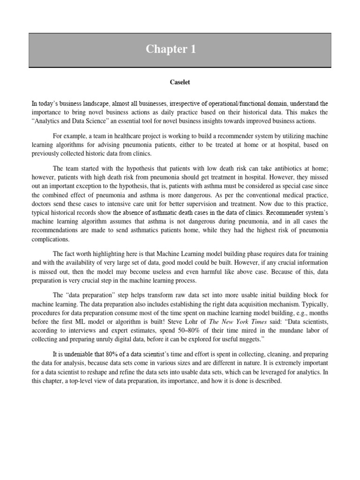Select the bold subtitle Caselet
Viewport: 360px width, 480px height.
(180, 82)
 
